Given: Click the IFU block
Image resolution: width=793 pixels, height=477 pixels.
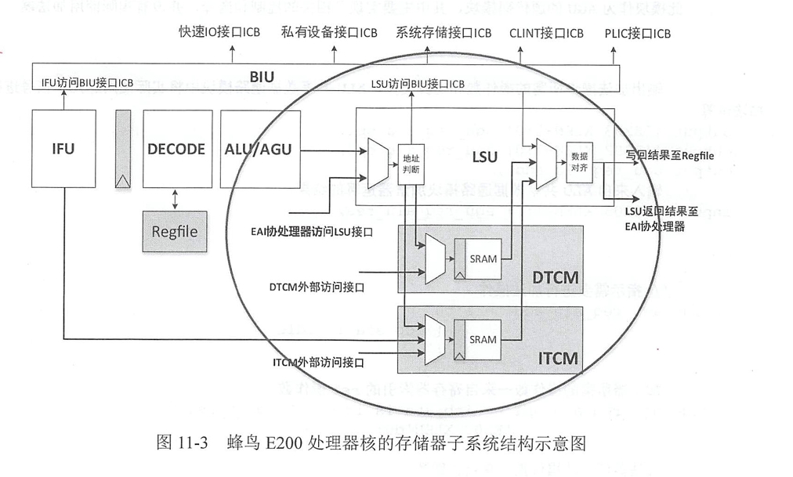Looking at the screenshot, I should pos(63,149).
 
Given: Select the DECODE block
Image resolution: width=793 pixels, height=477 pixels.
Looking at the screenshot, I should pos(176,149).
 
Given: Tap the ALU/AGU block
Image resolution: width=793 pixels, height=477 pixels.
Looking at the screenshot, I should pos(257,149).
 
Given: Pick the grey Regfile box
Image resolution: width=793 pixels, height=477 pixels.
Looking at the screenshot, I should pos(175,232).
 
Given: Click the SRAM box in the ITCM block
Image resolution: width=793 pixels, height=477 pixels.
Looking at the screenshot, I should pos(483,339).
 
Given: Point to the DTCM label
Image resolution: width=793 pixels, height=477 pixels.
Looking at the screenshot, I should pos(555,277).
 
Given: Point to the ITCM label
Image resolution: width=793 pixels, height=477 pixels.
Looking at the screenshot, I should pos(557,359).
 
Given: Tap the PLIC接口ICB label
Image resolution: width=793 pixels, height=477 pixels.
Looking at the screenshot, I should pos(638,33).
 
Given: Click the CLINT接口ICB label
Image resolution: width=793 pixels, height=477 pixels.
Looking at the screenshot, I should pos(546,33).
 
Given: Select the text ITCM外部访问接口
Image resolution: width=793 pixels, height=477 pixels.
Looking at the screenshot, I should pos(318,363).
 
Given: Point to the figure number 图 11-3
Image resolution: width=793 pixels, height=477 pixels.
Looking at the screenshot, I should pos(181,443).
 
